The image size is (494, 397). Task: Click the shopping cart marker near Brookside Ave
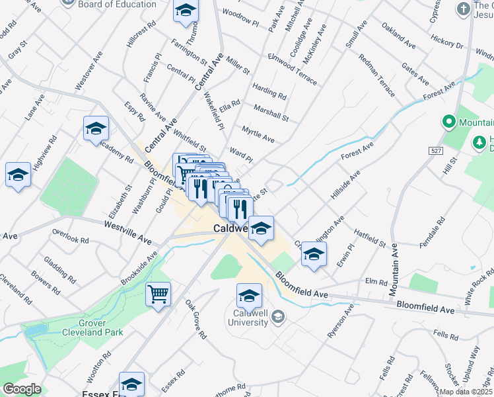tap(159, 294)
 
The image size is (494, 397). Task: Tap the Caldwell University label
tap(250, 318)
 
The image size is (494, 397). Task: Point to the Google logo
tap(22, 388)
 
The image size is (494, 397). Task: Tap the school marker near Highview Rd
tap(18, 175)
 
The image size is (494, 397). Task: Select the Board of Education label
tap(117, 4)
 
